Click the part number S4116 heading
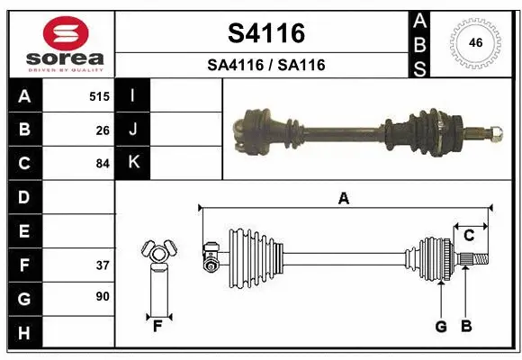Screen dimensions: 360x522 click(266, 33)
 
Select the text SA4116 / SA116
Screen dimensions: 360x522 click(266, 65)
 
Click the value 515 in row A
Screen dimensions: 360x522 click(99, 95)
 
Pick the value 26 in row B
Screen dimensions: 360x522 click(103, 130)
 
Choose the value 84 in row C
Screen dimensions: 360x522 click(103, 164)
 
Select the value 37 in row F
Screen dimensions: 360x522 click(103, 265)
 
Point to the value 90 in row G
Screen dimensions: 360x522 click(103, 296)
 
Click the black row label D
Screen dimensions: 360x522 click(23, 197)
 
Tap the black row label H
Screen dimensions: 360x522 click(23, 334)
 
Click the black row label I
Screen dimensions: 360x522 click(133, 95)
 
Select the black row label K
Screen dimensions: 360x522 click(133, 163)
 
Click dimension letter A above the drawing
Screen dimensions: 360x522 click(343, 199)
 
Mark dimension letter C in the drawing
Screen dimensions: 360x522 click(469, 235)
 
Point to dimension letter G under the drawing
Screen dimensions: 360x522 click(441, 326)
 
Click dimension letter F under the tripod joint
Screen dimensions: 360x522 click(157, 325)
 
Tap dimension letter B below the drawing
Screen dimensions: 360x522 click(465, 326)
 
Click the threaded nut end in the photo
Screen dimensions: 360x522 click(496, 133)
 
